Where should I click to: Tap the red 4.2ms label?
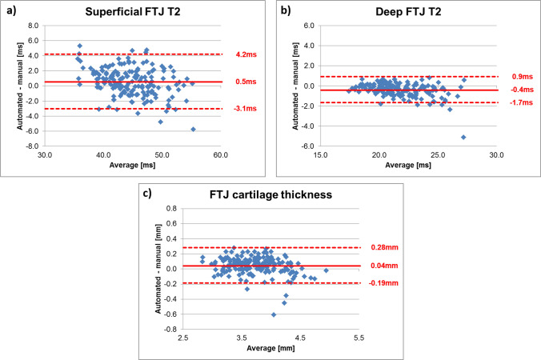[x=245, y=54]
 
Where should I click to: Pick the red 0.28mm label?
[x=379, y=248]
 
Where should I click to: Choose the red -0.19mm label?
[x=379, y=283]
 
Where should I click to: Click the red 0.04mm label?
[x=379, y=266]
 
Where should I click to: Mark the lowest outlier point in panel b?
[x=463, y=137]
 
